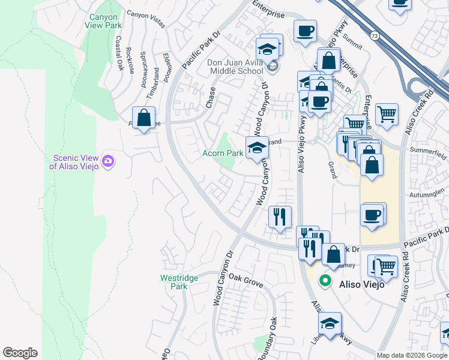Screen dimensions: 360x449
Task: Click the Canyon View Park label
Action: tap(105, 22)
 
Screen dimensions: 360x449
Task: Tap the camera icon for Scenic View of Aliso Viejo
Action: tap(108, 160)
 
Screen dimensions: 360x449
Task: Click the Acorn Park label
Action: tap(222, 153)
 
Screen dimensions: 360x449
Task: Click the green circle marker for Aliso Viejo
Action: tap(325, 280)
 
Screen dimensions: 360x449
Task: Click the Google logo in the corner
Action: tap(20, 353)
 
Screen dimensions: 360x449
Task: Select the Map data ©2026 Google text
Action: tap(411, 355)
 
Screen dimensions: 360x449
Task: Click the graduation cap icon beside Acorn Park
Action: tap(257, 148)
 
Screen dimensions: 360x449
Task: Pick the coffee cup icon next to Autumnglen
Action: tap(373, 215)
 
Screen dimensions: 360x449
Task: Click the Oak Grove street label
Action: tap(246, 280)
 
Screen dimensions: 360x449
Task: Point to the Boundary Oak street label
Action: tap(268, 339)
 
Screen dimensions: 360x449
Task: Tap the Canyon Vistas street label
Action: tap(145, 13)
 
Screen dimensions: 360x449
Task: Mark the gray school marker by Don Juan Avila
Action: tap(274, 67)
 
